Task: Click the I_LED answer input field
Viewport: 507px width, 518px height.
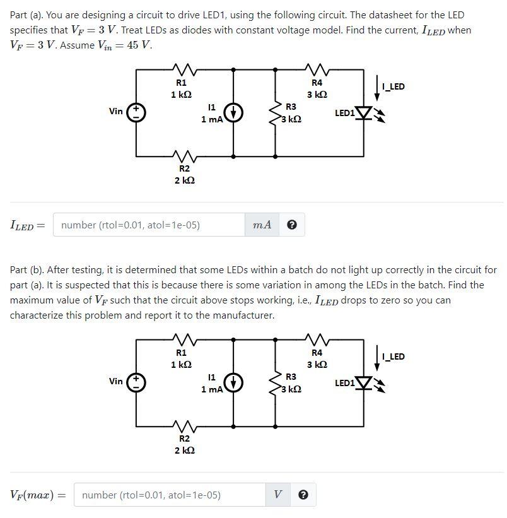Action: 149,225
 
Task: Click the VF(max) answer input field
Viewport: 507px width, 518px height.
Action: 170,495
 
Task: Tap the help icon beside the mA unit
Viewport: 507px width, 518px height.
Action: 291,225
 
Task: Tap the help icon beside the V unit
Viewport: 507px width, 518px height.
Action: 303,495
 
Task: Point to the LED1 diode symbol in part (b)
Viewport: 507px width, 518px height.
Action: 364,383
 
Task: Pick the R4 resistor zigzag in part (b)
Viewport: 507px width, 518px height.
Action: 317,338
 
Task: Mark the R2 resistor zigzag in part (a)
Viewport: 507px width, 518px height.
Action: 184,155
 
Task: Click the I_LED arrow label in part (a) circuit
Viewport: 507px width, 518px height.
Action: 393,86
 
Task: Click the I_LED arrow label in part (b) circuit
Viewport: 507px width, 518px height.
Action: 393,356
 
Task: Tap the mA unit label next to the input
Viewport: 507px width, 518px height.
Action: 262,225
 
